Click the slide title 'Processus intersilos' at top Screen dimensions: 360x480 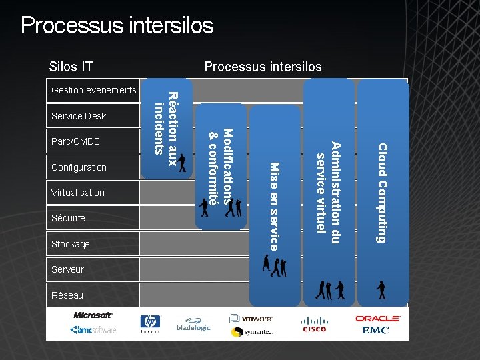[117, 25]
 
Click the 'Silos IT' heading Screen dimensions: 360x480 [71, 67]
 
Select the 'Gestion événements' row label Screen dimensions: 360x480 [93, 90]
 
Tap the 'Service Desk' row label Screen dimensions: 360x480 [79, 116]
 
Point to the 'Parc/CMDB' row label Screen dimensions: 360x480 [75, 142]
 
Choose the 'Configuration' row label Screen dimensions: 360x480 [79, 167]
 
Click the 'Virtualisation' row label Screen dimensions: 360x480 [78, 193]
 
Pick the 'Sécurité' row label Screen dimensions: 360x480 [69, 218]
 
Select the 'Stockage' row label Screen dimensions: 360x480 [70, 244]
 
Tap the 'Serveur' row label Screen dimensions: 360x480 [67, 269]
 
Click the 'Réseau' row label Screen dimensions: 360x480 [67, 295]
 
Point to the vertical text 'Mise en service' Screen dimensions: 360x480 [274, 206]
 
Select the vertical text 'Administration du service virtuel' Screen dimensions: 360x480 [329, 187]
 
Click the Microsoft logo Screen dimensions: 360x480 [93, 315]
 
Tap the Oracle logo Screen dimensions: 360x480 [377, 319]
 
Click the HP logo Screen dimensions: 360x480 [150, 322]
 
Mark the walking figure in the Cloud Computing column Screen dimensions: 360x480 [381, 290]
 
